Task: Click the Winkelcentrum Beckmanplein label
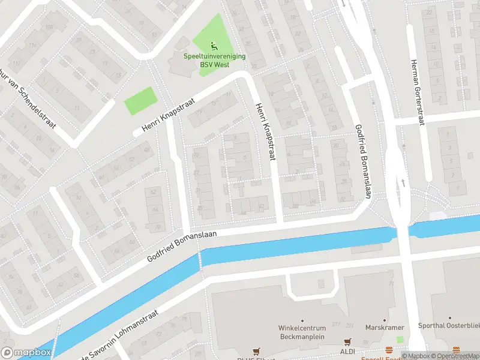tap(302, 332)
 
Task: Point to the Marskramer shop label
tap(385, 328)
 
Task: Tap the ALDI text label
tap(349, 351)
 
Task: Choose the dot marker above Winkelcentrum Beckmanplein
tap(302, 320)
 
